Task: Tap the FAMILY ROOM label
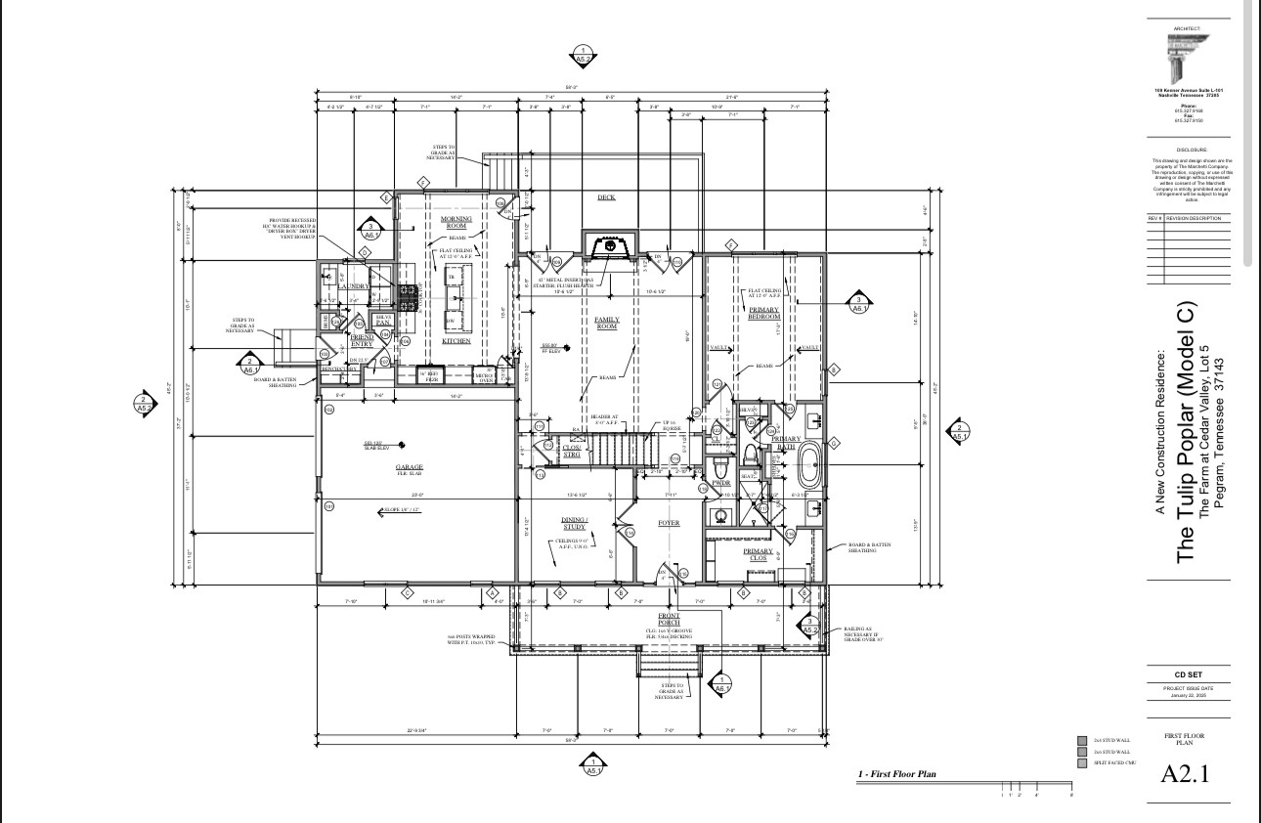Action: click(607, 323)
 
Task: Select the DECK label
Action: click(606, 197)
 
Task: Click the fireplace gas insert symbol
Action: click(610, 246)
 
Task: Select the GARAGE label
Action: click(410, 468)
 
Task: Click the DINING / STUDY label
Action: click(574, 524)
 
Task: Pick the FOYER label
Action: click(668, 523)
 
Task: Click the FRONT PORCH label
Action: click(669, 620)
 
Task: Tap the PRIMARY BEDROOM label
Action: click(764, 314)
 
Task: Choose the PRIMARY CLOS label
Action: click(759, 554)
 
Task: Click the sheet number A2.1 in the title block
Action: click(1185, 775)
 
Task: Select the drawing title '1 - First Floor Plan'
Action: click(897, 774)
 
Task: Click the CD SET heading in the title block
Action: click(1185, 674)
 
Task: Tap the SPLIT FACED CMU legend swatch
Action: click(1081, 762)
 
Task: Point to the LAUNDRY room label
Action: click(357, 286)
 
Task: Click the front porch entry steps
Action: click(670, 666)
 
